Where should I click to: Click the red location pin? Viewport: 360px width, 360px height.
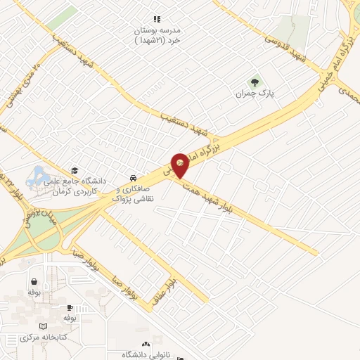[x=181, y=165]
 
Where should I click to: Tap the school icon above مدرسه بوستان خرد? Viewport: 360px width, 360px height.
[x=157, y=20]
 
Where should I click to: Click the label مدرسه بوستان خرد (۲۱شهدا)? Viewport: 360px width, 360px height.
[x=160, y=35]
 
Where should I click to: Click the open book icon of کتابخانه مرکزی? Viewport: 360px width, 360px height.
[x=44, y=326]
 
